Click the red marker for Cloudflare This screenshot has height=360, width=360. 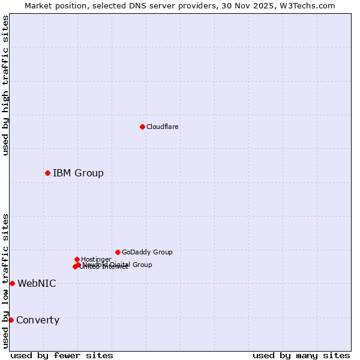[142, 127]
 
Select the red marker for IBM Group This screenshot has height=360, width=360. [47, 173]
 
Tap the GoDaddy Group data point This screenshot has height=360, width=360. [118, 252]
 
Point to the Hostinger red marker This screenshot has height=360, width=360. [77, 259]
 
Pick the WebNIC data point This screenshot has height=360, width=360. [12, 283]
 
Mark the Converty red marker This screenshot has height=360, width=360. [11, 320]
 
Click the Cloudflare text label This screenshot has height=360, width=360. [162, 127]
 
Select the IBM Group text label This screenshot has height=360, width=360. [78, 173]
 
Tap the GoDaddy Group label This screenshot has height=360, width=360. [147, 252]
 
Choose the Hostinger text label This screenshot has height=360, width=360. [96, 259]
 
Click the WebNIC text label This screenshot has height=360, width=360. [37, 284]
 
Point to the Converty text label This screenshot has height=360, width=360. [38, 320]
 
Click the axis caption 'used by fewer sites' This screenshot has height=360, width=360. [62, 355]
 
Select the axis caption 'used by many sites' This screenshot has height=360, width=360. [301, 355]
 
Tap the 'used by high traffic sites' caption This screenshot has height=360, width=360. [5, 85]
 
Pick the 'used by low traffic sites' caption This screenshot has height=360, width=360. [5, 281]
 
